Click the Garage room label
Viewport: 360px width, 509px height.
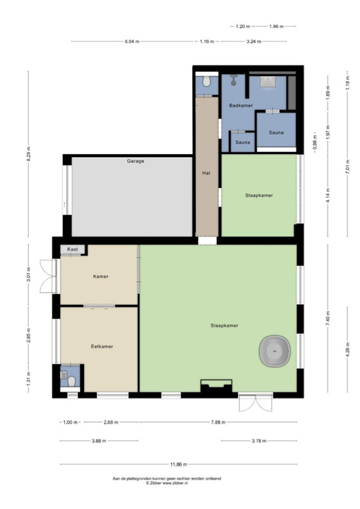pyautogui.click(x=135, y=161)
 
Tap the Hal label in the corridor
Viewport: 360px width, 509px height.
pyautogui.click(x=206, y=173)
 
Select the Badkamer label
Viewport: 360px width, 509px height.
pyautogui.click(x=241, y=106)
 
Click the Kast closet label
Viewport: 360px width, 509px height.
pyautogui.click(x=73, y=249)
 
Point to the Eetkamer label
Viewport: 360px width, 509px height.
pyautogui.click(x=102, y=346)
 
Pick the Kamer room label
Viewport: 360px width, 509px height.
pyautogui.click(x=100, y=277)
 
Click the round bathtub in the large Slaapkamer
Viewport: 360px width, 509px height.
pyautogui.click(x=275, y=351)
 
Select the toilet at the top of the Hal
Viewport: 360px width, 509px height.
pyautogui.click(x=207, y=81)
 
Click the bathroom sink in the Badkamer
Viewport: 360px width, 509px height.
pyautogui.click(x=268, y=81)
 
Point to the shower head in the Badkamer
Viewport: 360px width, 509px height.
pyautogui.click(x=233, y=80)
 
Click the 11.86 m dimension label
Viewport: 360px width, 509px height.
pyautogui.click(x=179, y=464)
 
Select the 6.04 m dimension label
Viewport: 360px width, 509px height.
pyautogui.click(x=132, y=41)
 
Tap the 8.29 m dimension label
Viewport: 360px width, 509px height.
pyautogui.click(x=28, y=154)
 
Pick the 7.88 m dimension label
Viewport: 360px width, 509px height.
pyautogui.click(x=218, y=422)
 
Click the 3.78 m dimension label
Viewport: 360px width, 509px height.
pyautogui.click(x=259, y=441)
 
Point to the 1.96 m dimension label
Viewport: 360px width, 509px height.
pyautogui.click(x=276, y=27)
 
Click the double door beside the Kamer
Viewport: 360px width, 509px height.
pyautogui.click(x=48, y=276)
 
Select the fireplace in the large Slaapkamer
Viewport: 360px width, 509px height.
pyautogui.click(x=216, y=387)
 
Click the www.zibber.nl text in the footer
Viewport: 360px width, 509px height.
pyautogui.click(x=176, y=483)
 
